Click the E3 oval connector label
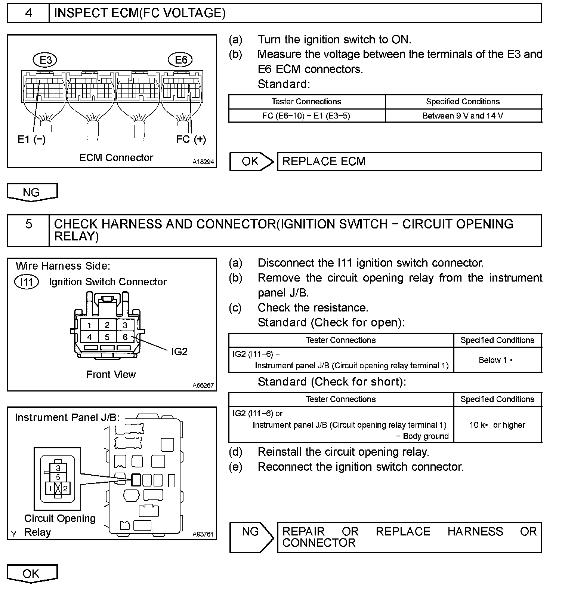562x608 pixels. coord(46,60)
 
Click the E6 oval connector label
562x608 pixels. coord(181,60)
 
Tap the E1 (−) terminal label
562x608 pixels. coord(31,139)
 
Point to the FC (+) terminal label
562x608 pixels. coord(191,139)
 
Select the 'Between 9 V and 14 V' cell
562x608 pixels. coord(463,116)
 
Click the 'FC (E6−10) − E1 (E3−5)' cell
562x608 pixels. coord(306,116)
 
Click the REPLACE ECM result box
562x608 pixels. coord(409,162)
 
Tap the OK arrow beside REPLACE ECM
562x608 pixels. coord(251,162)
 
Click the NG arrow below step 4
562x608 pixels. coord(32,193)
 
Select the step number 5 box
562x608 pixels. coord(28,230)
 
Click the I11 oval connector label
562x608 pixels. coord(26,282)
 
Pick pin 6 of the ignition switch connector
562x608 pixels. coord(125,337)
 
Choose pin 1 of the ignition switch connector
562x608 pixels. coord(89,325)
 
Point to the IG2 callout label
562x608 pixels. coord(179,351)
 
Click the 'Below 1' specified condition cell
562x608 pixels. coord(497,360)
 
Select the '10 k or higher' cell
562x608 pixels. coord(497,425)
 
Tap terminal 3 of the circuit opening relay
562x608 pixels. coord(58,468)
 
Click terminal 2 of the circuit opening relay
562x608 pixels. coord(65,488)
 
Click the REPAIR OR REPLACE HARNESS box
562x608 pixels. coord(409,537)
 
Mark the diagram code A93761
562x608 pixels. coord(203,534)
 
